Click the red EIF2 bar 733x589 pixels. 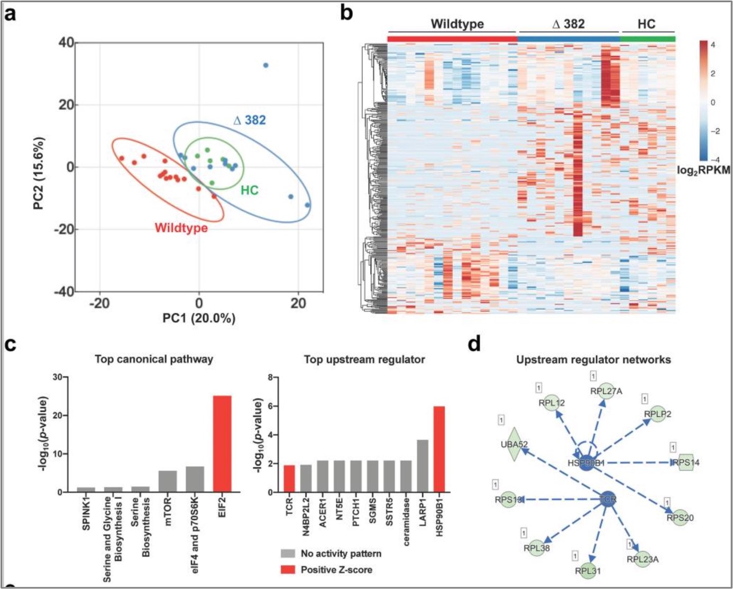222,443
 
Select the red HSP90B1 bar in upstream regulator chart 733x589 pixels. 439,449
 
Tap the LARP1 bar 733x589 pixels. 422,466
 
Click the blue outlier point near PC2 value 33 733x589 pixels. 266,66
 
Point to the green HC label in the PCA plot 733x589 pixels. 250,190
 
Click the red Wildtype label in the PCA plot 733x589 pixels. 181,228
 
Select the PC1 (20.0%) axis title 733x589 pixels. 199,318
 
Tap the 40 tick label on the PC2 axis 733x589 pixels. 66,42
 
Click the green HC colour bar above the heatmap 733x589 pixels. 647,39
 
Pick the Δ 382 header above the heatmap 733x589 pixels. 568,24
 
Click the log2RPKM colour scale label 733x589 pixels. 703,170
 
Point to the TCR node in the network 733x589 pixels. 608,499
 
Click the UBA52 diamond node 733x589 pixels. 514,445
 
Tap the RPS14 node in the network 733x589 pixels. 686,462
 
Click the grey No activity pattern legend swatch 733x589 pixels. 288,554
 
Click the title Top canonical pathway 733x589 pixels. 153,359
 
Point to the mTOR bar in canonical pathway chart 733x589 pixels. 168,481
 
